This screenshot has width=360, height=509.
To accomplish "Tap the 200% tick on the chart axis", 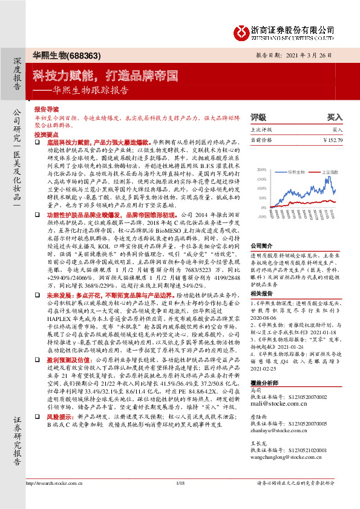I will click(262, 170).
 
